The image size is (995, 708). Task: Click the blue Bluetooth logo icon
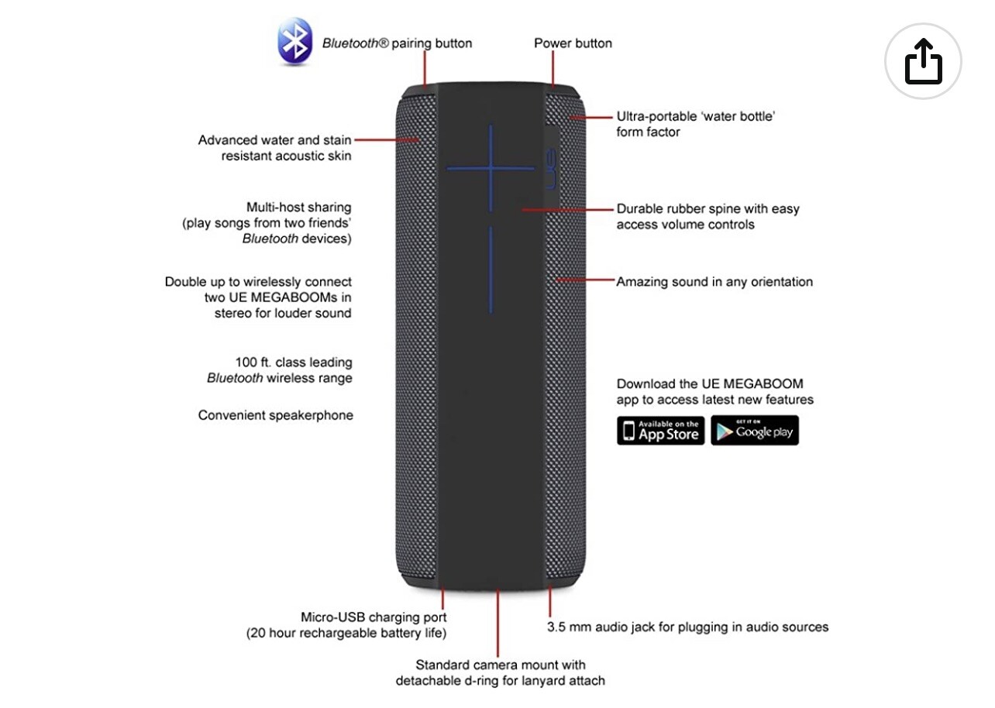(x=294, y=42)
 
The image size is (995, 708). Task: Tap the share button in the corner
(x=923, y=61)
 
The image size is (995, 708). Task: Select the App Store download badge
(x=660, y=430)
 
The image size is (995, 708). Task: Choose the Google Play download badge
(x=754, y=430)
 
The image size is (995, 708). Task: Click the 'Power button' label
(x=573, y=43)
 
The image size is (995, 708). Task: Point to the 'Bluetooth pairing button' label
(x=397, y=43)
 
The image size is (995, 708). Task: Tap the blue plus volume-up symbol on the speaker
(x=490, y=167)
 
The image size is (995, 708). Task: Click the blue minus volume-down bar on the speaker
(x=491, y=269)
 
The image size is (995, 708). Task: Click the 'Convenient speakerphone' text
(x=275, y=415)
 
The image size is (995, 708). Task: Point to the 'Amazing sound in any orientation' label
(x=714, y=282)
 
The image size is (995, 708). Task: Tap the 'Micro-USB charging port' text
(x=374, y=617)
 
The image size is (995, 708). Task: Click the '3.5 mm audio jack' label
(x=688, y=627)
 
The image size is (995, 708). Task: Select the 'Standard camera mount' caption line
(x=500, y=665)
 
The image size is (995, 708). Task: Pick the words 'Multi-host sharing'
(x=298, y=208)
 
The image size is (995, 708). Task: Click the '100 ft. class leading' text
(x=293, y=363)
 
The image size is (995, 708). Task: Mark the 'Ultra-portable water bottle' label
(x=696, y=117)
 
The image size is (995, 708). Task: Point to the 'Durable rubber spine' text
(x=708, y=209)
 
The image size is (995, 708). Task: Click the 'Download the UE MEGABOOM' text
(x=709, y=384)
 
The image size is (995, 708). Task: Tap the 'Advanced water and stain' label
(x=274, y=140)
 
